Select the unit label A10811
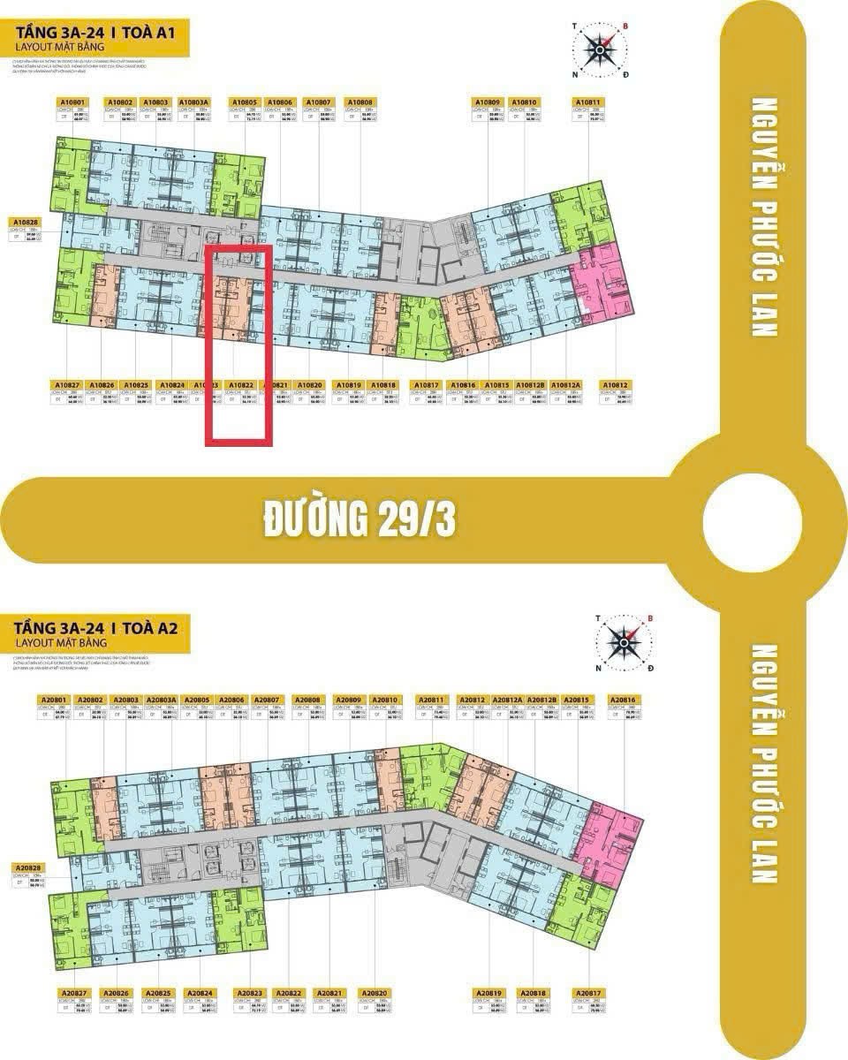(x=589, y=102)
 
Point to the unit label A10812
(x=614, y=386)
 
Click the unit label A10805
(x=245, y=102)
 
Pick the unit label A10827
(x=67, y=386)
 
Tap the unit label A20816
(x=623, y=700)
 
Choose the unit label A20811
(x=429, y=700)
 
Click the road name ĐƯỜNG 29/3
(x=360, y=521)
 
